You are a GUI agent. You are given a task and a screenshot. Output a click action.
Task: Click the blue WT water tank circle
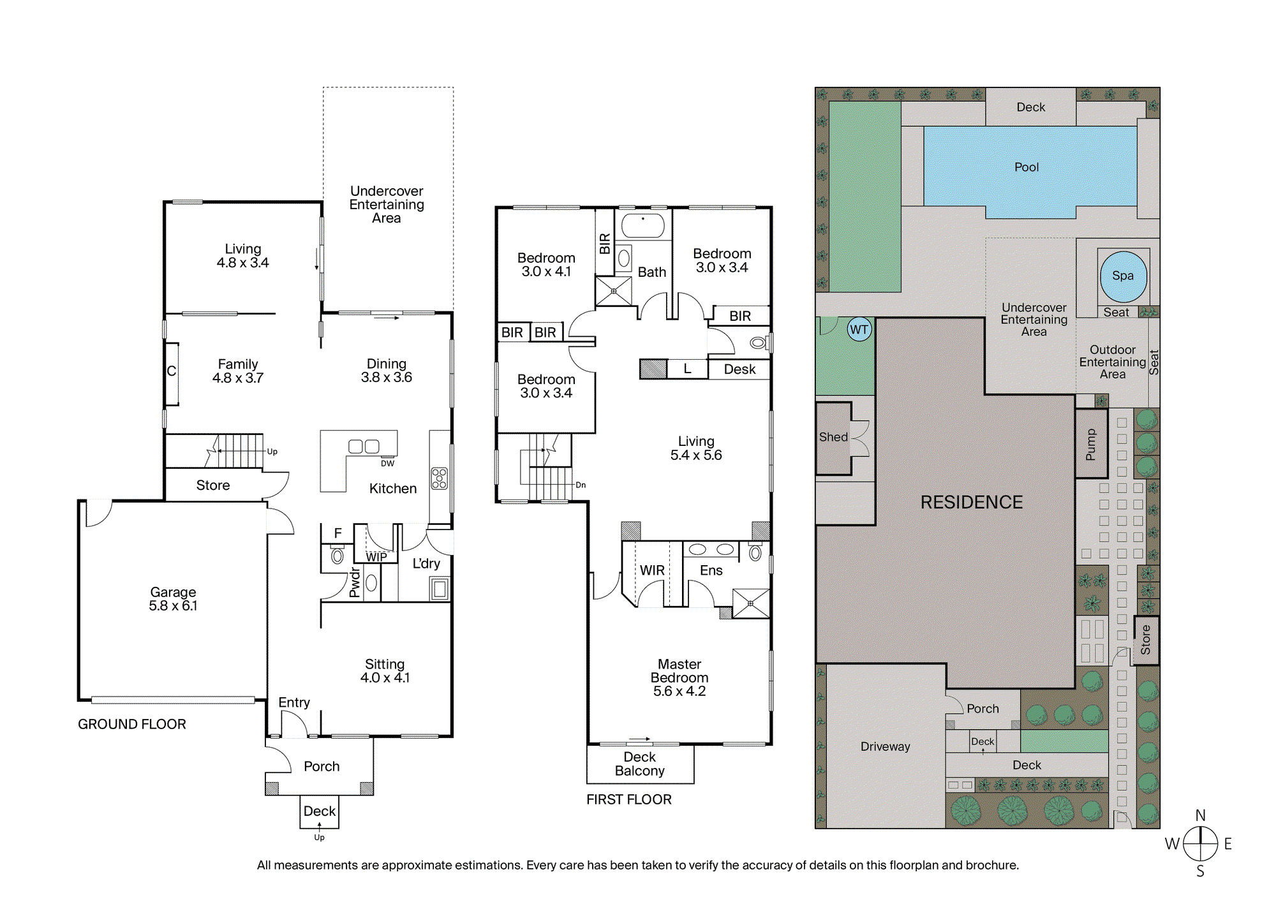tap(859, 330)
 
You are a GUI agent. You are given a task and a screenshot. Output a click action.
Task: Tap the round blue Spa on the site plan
tap(1124, 276)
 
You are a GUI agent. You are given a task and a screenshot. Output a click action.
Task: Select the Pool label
tap(1027, 167)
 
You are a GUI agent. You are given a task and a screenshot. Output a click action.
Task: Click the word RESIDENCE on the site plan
tap(971, 502)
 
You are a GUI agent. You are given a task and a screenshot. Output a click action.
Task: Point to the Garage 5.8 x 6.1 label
tap(173, 599)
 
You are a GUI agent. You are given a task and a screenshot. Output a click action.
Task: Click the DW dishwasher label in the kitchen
tap(387, 464)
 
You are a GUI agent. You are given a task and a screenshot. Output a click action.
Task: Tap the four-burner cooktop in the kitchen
tap(440, 478)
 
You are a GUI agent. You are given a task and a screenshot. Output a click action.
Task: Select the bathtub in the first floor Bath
tap(643, 225)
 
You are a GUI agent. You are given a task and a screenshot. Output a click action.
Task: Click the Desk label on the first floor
tap(739, 369)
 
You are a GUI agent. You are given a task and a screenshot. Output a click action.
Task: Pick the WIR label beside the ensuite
tap(652, 570)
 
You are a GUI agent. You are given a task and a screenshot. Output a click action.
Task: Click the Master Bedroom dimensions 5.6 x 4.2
tap(679, 691)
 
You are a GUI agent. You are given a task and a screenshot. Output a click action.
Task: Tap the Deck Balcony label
tap(640, 764)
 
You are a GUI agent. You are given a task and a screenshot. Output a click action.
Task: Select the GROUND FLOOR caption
tap(132, 724)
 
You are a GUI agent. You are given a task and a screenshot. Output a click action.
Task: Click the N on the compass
tap(1201, 815)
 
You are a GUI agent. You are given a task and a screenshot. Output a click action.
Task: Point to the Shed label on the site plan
tap(833, 437)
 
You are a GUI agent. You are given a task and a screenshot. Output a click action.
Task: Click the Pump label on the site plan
tap(1091, 445)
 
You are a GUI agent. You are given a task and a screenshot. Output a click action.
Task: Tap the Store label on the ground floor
tap(213, 485)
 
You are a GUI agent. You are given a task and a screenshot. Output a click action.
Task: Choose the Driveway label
tap(886, 747)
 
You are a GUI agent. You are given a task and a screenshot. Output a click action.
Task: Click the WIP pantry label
tap(376, 557)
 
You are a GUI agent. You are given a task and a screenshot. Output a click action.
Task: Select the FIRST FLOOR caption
tap(629, 799)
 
